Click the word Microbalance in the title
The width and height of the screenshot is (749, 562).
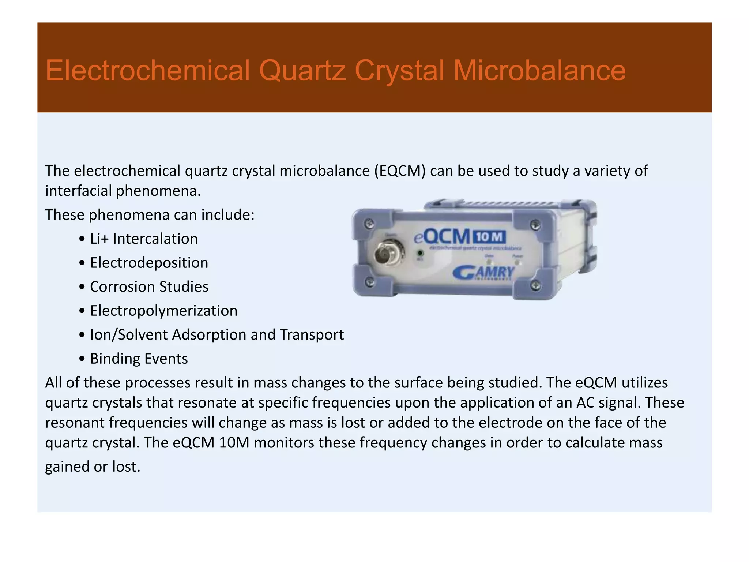[539, 71]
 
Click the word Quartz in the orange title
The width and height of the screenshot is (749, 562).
[302, 71]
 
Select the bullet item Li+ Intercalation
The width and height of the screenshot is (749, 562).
[144, 239]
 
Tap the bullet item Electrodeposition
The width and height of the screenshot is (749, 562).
[149, 263]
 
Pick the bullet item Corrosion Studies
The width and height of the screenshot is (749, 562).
[149, 287]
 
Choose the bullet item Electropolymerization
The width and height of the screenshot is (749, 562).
[163, 311]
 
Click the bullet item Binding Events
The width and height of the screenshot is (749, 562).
[139, 359]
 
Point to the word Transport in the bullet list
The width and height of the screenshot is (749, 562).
[312, 335]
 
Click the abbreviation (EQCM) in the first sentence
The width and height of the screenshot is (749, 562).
[400, 171]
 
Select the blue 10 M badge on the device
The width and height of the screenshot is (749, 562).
[490, 237]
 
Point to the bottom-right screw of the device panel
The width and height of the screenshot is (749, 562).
[536, 285]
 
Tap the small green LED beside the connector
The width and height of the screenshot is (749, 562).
[420, 253]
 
